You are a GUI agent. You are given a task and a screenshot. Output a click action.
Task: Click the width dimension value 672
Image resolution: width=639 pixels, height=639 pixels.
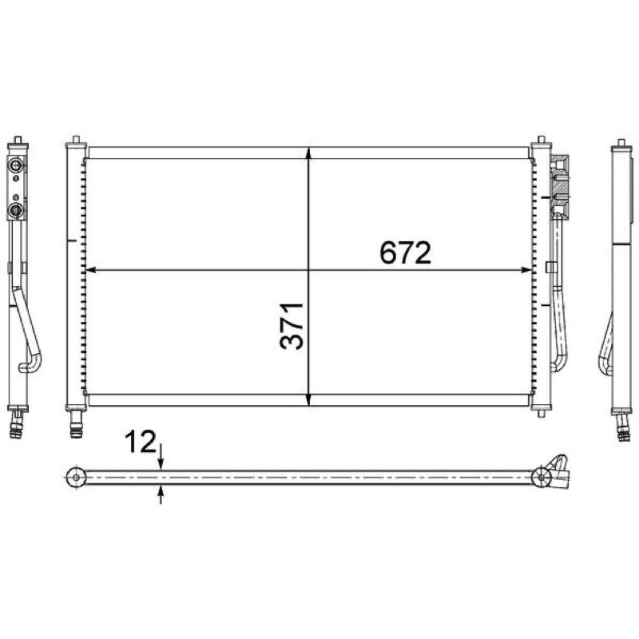click(x=405, y=252)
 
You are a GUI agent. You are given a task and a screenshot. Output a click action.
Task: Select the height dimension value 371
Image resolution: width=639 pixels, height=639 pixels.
click(x=292, y=326)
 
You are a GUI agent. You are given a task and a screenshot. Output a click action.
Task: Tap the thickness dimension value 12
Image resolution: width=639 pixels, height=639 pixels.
click(x=141, y=442)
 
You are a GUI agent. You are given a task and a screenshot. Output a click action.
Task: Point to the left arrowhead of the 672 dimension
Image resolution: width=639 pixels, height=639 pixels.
click(x=91, y=270)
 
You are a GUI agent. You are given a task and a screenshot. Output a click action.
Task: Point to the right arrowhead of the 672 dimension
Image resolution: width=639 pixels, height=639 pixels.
click(x=526, y=270)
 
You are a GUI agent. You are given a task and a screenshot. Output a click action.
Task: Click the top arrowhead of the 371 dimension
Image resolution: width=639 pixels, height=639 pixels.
click(x=308, y=153)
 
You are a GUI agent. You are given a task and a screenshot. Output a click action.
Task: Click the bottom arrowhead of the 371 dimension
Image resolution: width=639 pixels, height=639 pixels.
click(x=308, y=400)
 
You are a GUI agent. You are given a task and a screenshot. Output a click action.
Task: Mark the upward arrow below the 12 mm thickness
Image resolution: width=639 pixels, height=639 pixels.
click(x=161, y=494)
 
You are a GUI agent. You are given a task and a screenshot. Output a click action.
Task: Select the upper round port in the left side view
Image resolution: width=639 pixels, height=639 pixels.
click(x=17, y=165)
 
